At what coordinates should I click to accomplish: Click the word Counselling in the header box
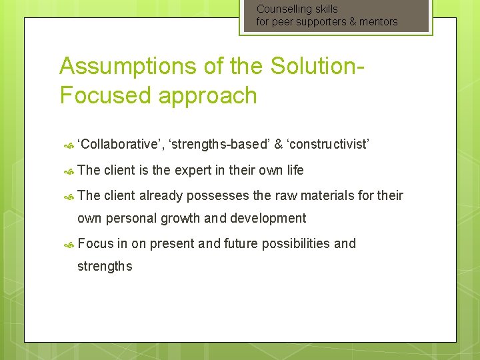pyautogui.click(x=283, y=9)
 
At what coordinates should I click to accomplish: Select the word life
pyautogui.click(x=295, y=171)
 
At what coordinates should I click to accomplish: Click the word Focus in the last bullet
pyautogui.click(x=95, y=243)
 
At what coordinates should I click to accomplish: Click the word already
pyautogui.click(x=160, y=195)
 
